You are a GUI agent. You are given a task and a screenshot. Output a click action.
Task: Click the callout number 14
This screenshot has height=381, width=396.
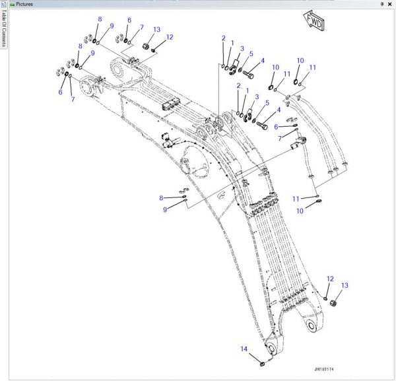click(x=244, y=349)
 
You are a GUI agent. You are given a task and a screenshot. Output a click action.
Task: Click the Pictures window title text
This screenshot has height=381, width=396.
click(x=24, y=4)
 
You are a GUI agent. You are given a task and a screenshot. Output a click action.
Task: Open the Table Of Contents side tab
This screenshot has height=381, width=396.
click(x=4, y=30)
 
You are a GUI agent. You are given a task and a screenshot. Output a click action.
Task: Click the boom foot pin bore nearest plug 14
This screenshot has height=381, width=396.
click(x=271, y=348)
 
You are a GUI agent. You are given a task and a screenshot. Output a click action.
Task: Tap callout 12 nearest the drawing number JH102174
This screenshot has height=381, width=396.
click(x=330, y=279)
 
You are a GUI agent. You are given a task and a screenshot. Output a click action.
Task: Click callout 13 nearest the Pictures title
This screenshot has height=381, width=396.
click(x=156, y=30)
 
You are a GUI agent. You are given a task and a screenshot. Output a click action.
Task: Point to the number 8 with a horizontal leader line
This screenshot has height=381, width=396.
click(x=161, y=197)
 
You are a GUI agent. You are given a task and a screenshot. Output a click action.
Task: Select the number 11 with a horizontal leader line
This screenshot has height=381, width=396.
click(x=296, y=198)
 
